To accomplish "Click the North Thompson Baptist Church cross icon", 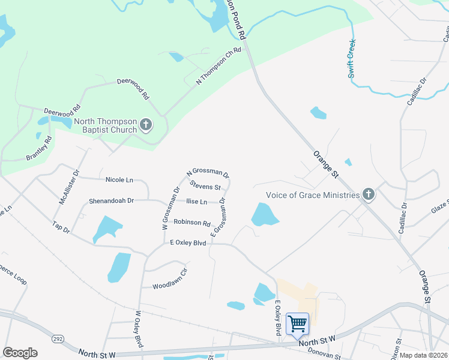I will (x=146, y=125).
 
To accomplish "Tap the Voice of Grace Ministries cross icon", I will (x=369, y=194).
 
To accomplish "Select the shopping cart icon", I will (x=298, y=324).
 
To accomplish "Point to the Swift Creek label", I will (x=351, y=59).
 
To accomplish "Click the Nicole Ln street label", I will (x=119, y=179).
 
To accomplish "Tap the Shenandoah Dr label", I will (x=111, y=200).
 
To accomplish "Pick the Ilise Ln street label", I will (x=196, y=202).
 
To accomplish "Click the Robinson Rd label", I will (x=191, y=222).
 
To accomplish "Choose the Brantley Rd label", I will (x=39, y=148).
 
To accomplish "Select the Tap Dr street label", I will (x=61, y=228).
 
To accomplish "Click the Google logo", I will (x=20, y=353).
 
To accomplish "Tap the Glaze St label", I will (x=439, y=207).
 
